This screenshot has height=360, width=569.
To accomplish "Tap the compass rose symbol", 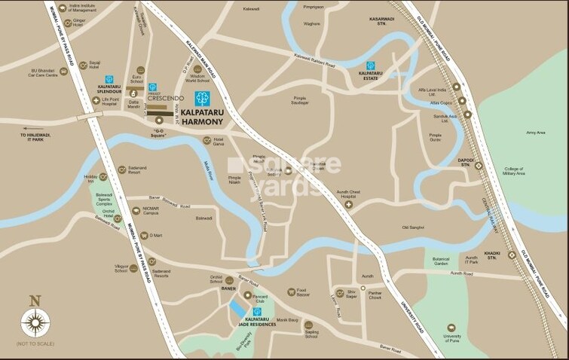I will pyautogui.click(x=34, y=323).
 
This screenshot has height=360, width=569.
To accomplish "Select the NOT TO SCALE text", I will pyautogui.click(x=35, y=344).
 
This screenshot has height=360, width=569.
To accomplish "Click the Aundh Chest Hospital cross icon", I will pyautogui.click(x=349, y=204).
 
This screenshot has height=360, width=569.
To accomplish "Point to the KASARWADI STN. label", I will pyautogui.click(x=377, y=22).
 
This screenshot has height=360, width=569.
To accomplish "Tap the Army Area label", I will pyautogui.click(x=535, y=133).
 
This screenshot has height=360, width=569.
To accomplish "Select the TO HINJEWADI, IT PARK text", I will pyautogui.click(x=32, y=137).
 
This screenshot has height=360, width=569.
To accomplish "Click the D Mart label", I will pyautogui.click(x=156, y=236).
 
